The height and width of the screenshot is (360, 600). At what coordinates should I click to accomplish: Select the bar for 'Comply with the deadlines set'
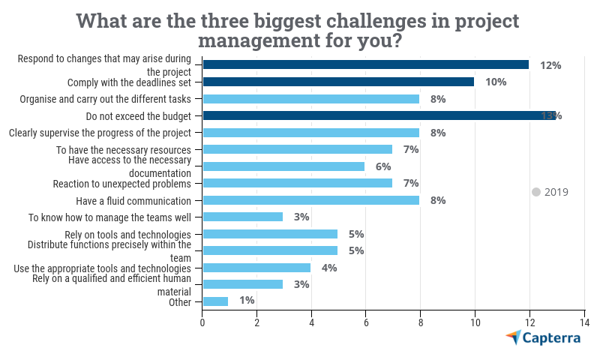coord(338,82)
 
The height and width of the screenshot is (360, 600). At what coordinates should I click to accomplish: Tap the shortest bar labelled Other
coord(215,301)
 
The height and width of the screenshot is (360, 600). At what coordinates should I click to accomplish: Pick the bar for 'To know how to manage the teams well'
coord(243,217)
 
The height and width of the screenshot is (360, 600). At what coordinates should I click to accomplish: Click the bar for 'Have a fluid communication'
coord(310,200)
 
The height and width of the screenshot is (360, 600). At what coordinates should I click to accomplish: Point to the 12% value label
coord(550,65)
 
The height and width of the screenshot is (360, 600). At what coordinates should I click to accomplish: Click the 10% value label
coord(496,82)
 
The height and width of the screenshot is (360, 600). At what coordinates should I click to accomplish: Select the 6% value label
coord(383,166)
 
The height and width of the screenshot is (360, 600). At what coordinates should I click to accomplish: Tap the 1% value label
coord(247,301)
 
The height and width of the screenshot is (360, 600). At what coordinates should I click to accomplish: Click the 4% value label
coord(328,268)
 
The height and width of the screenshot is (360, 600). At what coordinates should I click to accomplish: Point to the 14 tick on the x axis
coord(583,322)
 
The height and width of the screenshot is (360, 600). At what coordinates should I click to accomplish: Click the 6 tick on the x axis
coord(366,322)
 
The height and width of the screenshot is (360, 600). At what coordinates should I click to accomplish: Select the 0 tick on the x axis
coord(202,322)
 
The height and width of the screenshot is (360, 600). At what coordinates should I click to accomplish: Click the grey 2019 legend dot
coord(536,192)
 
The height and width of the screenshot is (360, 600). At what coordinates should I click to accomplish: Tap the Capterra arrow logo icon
coord(513,337)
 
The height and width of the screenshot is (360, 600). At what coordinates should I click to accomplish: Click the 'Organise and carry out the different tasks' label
coord(106,99)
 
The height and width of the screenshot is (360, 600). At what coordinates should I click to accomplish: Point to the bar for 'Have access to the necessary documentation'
coord(283,166)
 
